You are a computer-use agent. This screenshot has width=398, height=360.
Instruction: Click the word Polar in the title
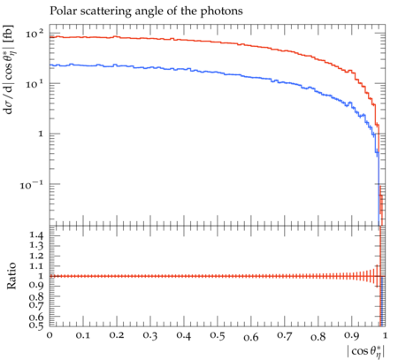[61, 11]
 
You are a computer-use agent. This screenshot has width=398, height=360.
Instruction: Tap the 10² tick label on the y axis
[34, 34]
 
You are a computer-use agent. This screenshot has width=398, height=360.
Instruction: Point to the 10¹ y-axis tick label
[34, 84]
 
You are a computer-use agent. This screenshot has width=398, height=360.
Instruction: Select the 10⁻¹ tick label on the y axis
[31, 185]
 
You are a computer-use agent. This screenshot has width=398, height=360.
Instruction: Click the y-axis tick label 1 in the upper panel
[41, 134]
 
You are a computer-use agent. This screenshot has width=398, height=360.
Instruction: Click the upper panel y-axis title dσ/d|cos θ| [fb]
[10, 70]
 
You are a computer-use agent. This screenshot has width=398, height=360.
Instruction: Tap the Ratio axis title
[11, 276]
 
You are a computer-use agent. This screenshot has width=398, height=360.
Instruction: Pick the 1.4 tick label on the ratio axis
[36, 235]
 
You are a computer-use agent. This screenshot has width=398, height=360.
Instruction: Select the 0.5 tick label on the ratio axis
[36, 325]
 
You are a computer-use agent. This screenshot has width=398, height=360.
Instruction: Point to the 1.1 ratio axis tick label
[36, 266]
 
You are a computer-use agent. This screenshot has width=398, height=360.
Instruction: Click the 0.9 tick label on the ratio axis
[36, 286]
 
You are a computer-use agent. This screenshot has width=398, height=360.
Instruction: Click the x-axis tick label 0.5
[218, 336]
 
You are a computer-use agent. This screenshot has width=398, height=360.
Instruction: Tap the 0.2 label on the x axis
[117, 335]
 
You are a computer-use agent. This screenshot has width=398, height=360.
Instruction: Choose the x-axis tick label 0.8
[318, 336]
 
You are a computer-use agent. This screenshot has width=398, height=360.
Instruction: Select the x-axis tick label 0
[50, 335]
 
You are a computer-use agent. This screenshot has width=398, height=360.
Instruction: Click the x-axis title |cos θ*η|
[366, 352]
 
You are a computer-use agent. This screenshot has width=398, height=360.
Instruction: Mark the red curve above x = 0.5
[218, 42]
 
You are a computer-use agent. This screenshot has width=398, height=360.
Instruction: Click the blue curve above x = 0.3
[150, 68]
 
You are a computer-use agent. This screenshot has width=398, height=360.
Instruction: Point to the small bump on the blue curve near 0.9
[350, 103]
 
